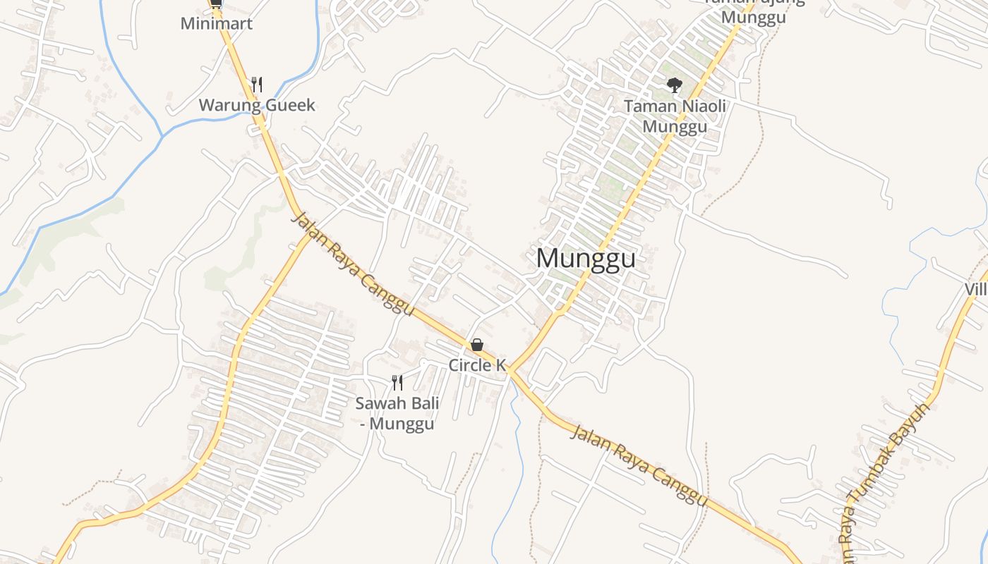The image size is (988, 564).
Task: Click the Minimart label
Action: [216, 23]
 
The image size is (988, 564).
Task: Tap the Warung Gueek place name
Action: [257, 106]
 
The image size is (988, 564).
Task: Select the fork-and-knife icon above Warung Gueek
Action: [257, 85]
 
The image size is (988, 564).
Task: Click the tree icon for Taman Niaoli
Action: [675, 85]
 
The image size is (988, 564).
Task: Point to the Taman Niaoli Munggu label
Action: [675, 116]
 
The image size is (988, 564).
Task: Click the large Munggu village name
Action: [586, 259]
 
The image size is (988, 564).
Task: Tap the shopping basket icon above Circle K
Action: [477, 345]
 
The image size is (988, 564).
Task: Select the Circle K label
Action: [477, 365]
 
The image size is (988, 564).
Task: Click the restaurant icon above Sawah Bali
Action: [397, 383]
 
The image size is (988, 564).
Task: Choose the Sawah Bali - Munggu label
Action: [397, 414]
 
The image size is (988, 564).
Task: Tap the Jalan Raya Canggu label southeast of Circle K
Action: [638, 465]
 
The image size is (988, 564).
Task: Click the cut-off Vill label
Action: [975, 290]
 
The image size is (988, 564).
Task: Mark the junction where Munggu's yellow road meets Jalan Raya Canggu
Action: [510, 369]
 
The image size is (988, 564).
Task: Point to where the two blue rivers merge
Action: [163, 134]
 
